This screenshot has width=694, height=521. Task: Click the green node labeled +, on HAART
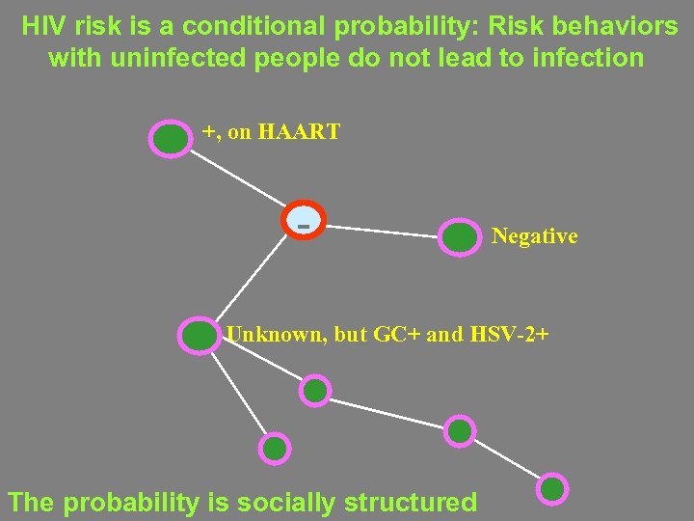click(171, 139)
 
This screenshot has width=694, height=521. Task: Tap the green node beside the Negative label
click(459, 237)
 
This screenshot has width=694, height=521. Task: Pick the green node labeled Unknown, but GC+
click(200, 336)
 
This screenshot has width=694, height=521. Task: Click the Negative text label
click(534, 236)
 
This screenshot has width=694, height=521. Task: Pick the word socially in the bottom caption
click(280, 503)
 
